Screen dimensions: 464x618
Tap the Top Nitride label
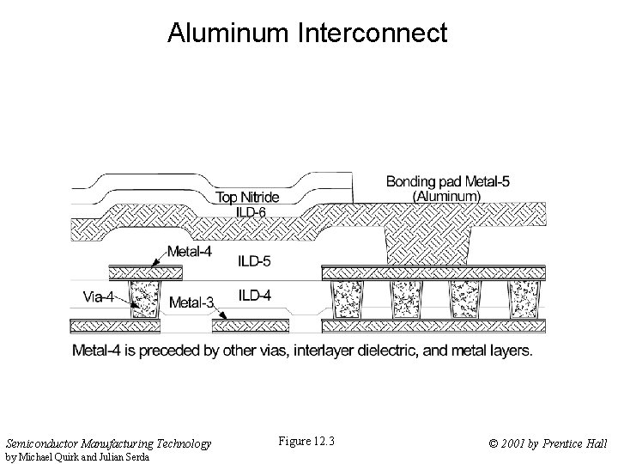pos(247,198)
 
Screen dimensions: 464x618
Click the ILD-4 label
pos(255,296)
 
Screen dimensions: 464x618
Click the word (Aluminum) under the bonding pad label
pos(446,196)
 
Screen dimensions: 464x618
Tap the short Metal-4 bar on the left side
pos(146,272)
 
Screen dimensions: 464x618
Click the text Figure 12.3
pos(306,443)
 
